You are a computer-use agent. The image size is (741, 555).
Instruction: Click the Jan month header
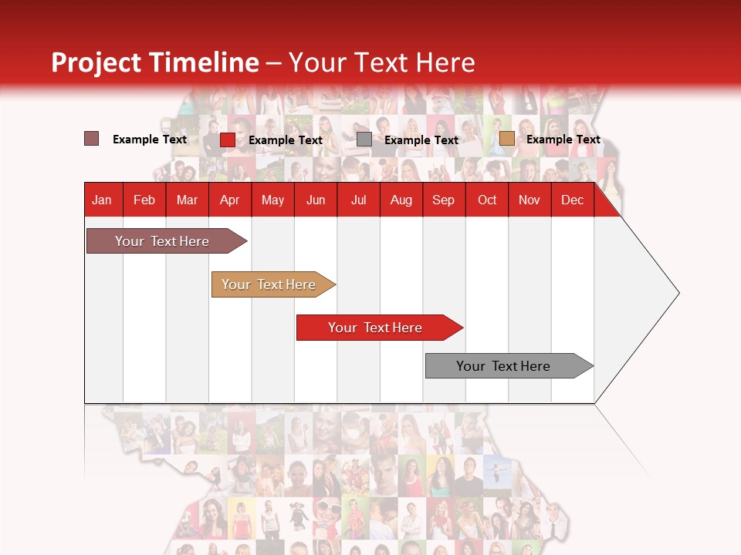click(102, 200)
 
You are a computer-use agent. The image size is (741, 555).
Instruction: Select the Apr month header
click(229, 200)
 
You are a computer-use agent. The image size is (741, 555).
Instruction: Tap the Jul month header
click(358, 200)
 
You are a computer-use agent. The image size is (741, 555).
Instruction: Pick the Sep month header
click(443, 200)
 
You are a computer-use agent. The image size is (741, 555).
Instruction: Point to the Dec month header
click(572, 200)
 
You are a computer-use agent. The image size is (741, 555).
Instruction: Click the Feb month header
click(144, 200)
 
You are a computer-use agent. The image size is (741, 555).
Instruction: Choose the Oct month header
click(487, 200)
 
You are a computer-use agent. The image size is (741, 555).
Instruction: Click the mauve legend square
click(91, 139)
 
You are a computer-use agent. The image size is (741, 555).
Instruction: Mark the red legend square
click(227, 140)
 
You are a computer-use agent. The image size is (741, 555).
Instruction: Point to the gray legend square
click(364, 140)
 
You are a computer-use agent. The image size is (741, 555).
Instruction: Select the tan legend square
click(506, 139)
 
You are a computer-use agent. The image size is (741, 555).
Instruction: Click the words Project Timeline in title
click(154, 62)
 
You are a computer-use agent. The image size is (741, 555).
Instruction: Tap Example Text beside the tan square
click(563, 140)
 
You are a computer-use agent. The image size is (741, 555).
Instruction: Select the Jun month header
click(316, 200)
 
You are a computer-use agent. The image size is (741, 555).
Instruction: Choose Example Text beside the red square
click(285, 140)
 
